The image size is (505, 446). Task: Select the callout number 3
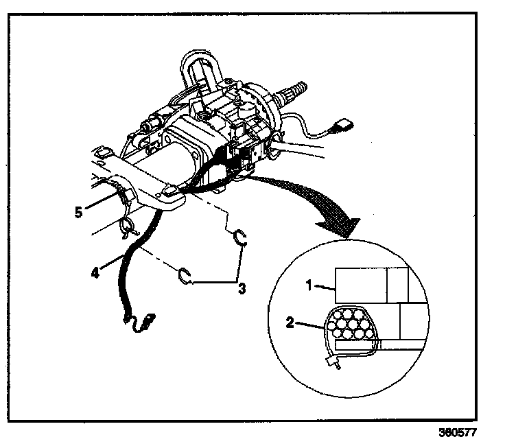(x=242, y=287)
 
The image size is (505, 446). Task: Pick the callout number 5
(x=80, y=211)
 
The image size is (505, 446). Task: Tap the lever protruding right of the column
(x=309, y=148)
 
